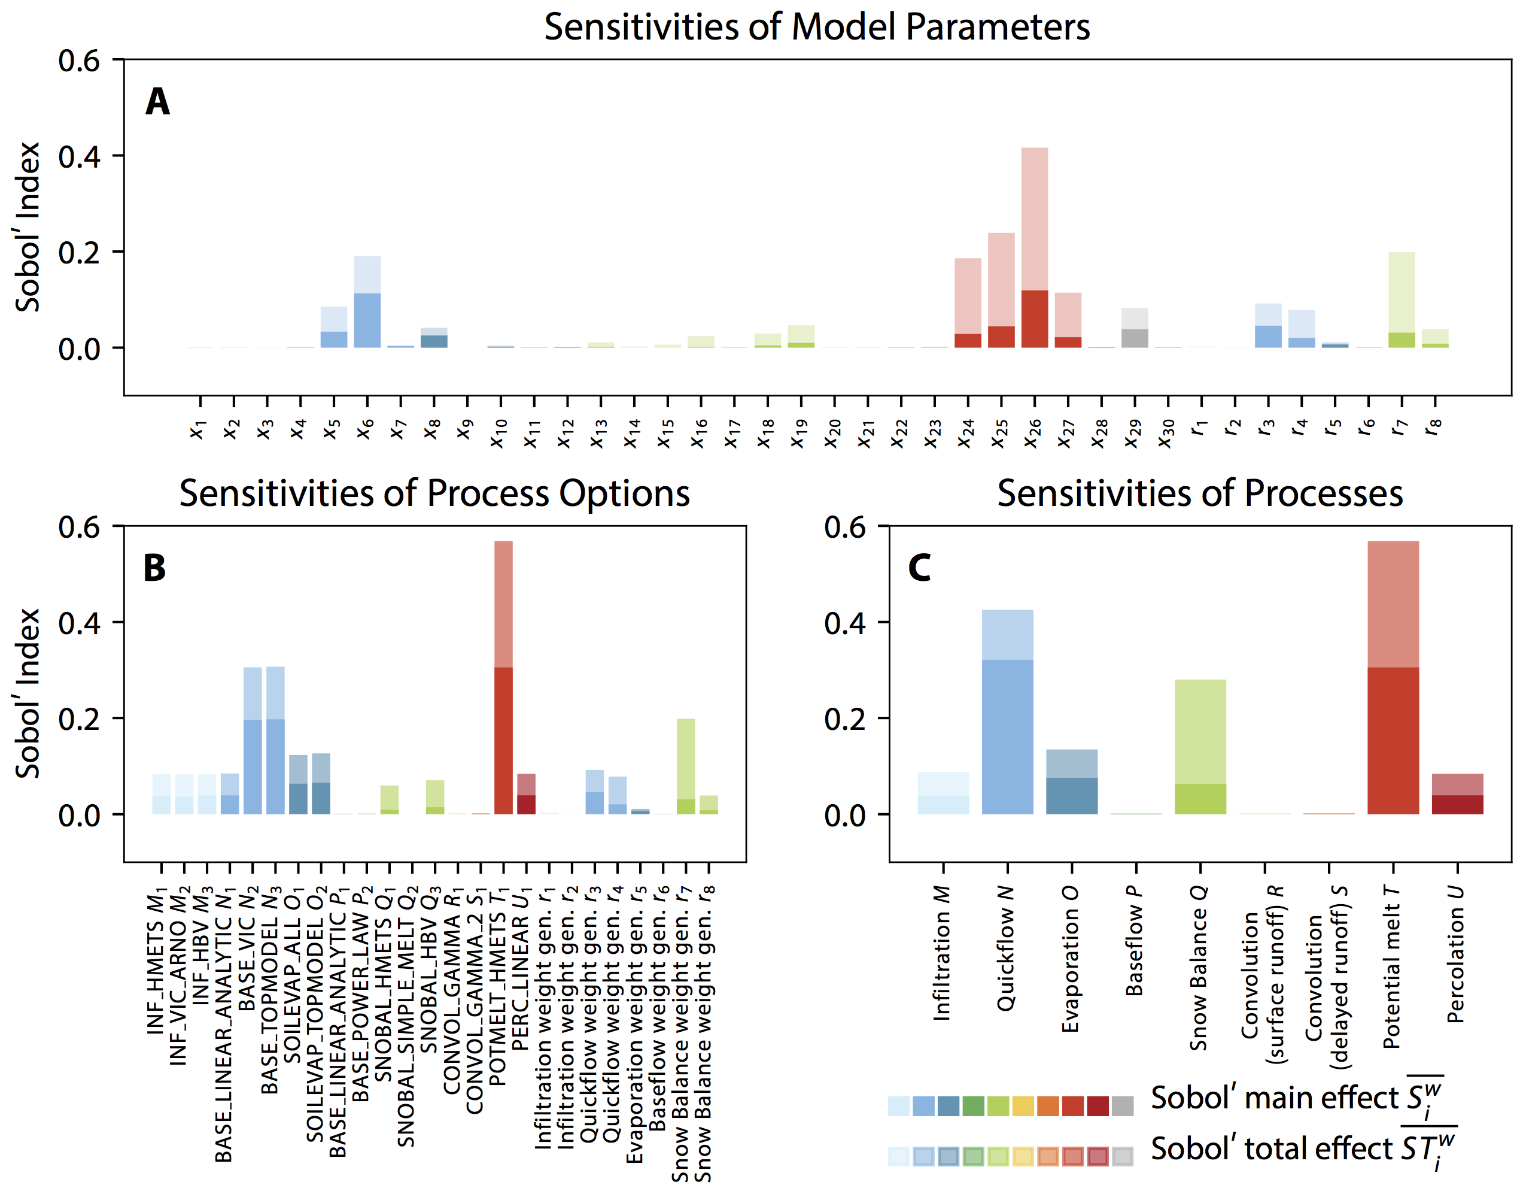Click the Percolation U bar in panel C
pos(1457,797)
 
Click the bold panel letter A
pos(157,101)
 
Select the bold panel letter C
pos(919,567)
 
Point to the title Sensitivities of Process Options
pos(434,493)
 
